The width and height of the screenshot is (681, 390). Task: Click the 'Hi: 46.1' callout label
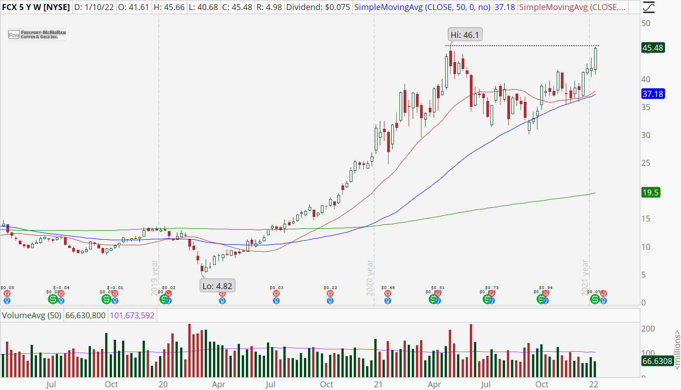coord(465,35)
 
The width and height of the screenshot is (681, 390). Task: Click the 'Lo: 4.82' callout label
coord(218,286)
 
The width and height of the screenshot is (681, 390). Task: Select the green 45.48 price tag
coord(653,48)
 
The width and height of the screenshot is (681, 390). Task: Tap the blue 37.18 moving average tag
coord(653,94)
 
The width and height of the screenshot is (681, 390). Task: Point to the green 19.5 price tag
coord(650,193)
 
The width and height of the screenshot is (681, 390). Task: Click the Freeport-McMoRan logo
coord(37,35)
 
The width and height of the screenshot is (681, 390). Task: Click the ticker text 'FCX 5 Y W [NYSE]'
coord(36,7)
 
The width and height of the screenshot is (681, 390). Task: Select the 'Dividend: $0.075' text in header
coord(318,7)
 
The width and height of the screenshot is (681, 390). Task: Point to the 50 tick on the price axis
coord(646,23)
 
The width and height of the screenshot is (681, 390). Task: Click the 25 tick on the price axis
coord(646,163)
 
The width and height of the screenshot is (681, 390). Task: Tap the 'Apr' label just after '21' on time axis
coord(434,385)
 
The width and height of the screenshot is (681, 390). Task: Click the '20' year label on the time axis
coord(163,385)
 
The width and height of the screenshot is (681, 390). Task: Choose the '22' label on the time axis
coord(594,385)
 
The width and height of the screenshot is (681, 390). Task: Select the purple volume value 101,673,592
coord(132,316)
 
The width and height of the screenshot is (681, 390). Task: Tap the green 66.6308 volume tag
coord(657,361)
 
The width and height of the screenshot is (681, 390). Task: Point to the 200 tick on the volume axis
coord(648,329)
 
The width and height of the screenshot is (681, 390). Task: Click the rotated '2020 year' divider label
coord(370,278)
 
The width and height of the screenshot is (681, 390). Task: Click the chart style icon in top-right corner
coord(649,7)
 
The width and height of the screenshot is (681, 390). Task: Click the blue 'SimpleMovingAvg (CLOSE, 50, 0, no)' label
coord(422,7)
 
